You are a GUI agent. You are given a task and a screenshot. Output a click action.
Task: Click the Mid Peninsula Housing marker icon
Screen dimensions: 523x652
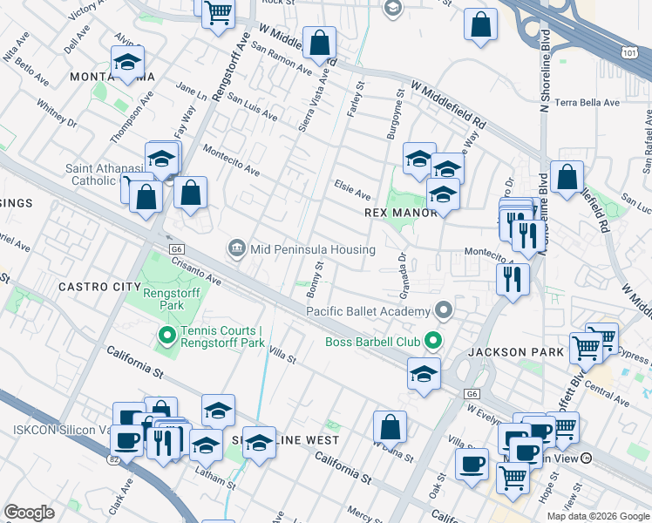click(x=236, y=249)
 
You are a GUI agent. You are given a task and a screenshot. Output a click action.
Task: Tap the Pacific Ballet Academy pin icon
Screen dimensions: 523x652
click(x=445, y=311)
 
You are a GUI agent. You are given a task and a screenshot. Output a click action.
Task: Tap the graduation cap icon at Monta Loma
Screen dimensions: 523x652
click(x=127, y=62)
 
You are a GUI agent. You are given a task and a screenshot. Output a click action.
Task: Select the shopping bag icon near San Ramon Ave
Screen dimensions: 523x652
click(x=320, y=42)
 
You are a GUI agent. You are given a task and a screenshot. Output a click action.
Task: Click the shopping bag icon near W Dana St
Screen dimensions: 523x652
click(x=391, y=427)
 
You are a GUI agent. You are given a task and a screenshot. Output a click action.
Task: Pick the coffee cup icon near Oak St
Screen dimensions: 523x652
click(x=472, y=463)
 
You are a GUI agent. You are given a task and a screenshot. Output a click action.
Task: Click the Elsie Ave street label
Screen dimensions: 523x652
click(x=352, y=190)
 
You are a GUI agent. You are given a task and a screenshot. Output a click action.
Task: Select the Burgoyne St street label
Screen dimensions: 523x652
click(x=395, y=113)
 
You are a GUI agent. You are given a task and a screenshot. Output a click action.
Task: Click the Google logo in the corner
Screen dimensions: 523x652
click(x=30, y=512)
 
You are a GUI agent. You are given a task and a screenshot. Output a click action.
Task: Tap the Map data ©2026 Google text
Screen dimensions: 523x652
click(x=598, y=516)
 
